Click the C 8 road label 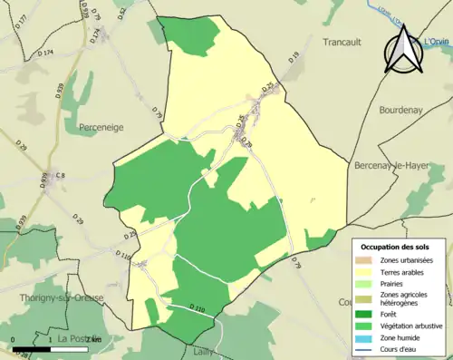[x=61, y=176]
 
